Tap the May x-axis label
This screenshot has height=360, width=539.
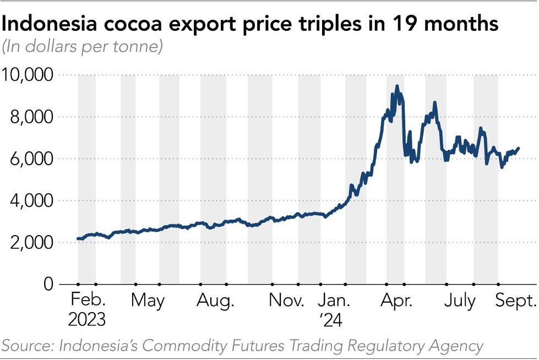149,302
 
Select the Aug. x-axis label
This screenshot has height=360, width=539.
215,302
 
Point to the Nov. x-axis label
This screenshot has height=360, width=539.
286,302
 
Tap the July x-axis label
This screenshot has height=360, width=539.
460,302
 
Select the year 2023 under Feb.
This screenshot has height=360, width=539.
88,319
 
